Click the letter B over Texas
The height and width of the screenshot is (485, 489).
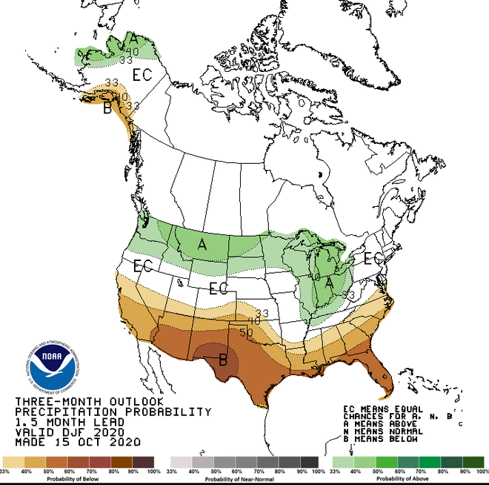(222, 361)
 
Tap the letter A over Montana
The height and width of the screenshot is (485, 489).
(202, 244)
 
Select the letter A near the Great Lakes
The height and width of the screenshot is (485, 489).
(328, 282)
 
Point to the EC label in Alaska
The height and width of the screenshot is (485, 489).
(142, 75)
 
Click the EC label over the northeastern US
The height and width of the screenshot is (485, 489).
(373, 260)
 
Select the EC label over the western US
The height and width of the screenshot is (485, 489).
(142, 265)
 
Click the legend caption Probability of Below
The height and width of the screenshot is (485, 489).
(78, 478)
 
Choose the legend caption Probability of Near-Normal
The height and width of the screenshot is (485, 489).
(245, 478)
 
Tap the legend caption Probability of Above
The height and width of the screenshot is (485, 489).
(409, 478)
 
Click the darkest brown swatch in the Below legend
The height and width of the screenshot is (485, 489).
(143, 461)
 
